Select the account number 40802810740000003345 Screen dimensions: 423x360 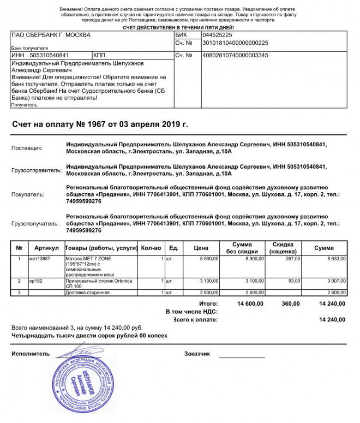coord(235,55)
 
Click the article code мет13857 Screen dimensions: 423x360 coord(40,258)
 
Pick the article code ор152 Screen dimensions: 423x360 coord(36,281)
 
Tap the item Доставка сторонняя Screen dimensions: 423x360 coord(87,293)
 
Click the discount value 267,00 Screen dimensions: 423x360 coord(285,258)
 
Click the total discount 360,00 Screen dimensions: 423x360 coord(290,303)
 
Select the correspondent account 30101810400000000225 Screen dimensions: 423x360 coord(235,43)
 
